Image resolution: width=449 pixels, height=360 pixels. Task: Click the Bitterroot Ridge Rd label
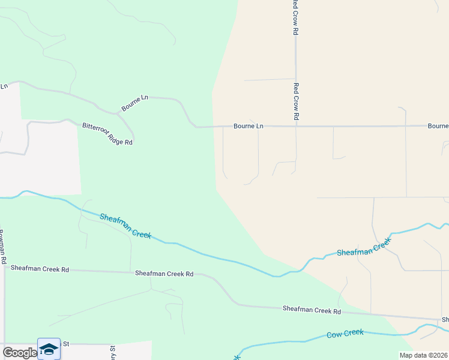(x=107, y=134)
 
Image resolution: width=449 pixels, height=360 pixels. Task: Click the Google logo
(x=19, y=352)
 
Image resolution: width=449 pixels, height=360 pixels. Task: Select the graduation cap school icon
(x=49, y=349)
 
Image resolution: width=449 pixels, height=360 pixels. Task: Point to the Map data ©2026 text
(x=423, y=355)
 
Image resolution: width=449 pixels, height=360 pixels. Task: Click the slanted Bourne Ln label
(x=134, y=103)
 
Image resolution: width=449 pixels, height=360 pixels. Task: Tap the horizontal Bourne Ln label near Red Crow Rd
(x=248, y=126)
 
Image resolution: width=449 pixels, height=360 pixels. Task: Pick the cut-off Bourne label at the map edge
(x=438, y=126)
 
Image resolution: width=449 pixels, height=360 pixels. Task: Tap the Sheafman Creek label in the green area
(x=125, y=226)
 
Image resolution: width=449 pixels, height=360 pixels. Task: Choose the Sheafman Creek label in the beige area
(x=363, y=247)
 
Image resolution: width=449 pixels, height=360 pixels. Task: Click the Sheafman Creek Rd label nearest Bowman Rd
(x=40, y=269)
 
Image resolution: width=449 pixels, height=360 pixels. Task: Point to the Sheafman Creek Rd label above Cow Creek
(x=312, y=310)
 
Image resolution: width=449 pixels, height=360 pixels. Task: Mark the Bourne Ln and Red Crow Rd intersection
(x=296, y=126)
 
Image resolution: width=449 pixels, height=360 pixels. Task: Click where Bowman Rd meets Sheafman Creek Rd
(x=5, y=269)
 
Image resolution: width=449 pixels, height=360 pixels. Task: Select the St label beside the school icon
(x=67, y=344)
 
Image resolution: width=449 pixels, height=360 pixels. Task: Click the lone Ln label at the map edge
(x=4, y=86)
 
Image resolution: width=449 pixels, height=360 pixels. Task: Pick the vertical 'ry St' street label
(x=112, y=353)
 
